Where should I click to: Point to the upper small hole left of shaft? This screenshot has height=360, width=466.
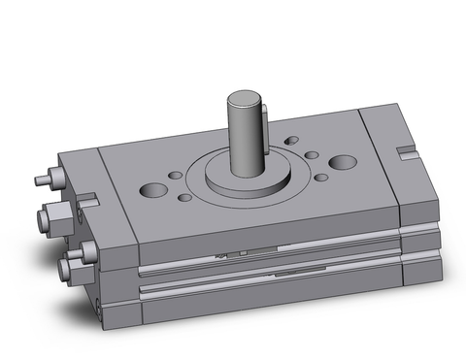175,176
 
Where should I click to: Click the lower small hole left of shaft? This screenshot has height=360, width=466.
184,197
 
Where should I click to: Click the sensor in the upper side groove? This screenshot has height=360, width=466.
233,253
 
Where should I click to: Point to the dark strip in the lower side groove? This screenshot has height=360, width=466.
291,275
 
